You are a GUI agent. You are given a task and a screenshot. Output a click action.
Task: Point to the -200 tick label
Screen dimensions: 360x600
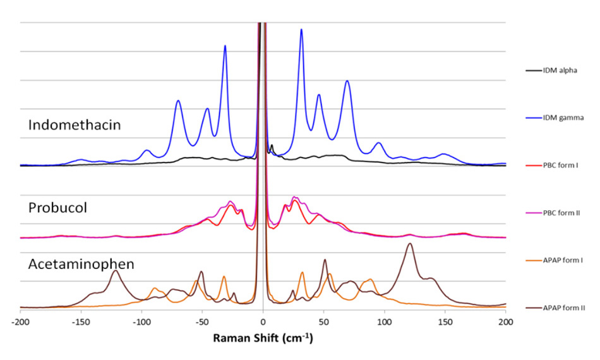coord(21,321)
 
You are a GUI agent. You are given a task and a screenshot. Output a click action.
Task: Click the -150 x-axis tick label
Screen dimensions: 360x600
coord(81,321)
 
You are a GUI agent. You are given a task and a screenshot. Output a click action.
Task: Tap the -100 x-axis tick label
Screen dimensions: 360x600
coord(141,321)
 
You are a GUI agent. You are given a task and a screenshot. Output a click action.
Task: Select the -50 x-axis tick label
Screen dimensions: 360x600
coord(202,321)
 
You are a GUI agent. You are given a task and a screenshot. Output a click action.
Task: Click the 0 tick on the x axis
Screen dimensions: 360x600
coord(263,321)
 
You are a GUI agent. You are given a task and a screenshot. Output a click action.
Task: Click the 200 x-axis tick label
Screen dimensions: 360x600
coord(505,321)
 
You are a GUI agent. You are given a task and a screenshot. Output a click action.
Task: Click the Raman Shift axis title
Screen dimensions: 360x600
coord(263,338)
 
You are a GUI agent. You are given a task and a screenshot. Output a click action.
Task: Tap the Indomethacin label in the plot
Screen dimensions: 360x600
coord(75,125)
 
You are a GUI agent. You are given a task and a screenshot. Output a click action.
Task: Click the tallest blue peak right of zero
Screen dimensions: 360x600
coord(301,30)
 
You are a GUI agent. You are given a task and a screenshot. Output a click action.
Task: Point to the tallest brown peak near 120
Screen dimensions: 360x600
coord(410,244)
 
